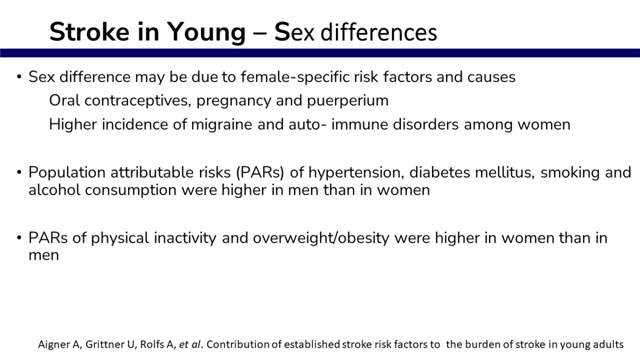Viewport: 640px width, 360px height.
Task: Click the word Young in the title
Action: coord(206,33)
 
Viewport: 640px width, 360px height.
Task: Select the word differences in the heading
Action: coord(379,32)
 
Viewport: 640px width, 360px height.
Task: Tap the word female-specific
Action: coord(295,77)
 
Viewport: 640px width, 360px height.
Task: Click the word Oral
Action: coord(65,100)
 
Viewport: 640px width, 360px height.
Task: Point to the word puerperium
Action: coord(348,101)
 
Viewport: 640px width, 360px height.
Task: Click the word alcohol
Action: coord(54,190)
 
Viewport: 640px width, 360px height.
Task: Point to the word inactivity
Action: coord(185,238)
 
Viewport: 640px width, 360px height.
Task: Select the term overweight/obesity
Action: coord(321,238)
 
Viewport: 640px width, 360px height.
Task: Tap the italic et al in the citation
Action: coord(190,345)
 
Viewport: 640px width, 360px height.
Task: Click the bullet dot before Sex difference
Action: coord(19,77)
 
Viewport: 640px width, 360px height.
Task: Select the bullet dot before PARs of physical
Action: coord(19,238)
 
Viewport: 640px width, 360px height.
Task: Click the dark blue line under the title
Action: coord(320,53)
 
